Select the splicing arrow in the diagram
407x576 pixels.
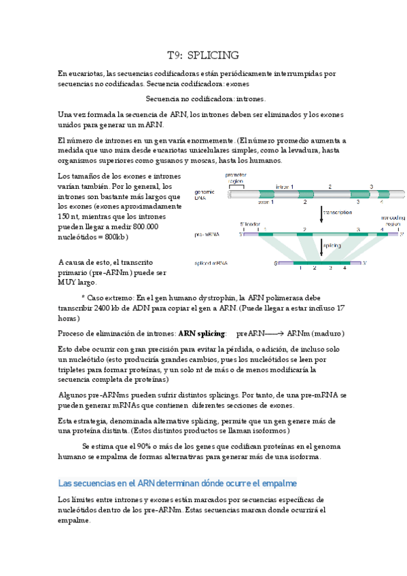[x=321, y=245]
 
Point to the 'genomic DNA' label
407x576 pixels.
[x=205, y=194]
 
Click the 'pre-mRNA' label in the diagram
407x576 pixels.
[x=206, y=234]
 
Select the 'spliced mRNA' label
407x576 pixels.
[x=211, y=263]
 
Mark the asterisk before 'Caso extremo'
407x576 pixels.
[x=83, y=298]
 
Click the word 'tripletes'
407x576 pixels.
[x=76, y=369]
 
